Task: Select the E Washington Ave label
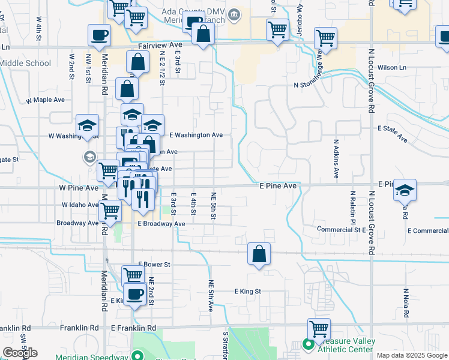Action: tap(196, 135)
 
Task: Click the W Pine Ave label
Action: tap(78, 188)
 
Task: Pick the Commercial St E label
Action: tap(342, 229)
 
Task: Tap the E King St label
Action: tap(248, 291)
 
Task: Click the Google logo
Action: tap(20, 353)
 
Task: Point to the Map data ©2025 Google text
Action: tap(412, 355)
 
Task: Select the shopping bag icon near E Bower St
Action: tap(259, 254)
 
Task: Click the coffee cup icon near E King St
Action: tap(135, 295)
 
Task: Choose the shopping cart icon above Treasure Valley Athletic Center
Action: tap(319, 329)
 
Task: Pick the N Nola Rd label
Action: tap(406, 303)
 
